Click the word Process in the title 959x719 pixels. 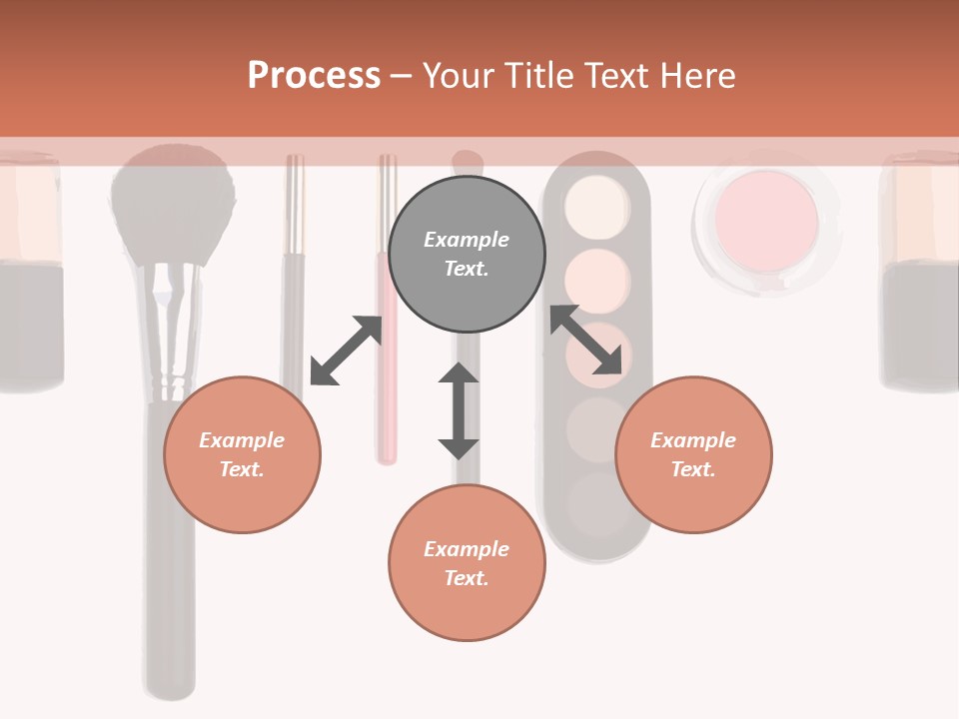pos(314,76)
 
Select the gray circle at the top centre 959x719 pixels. pos(467,254)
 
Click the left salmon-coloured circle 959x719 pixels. pos(242,454)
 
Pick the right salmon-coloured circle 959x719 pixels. pos(693,454)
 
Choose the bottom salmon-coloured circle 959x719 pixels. pos(467,563)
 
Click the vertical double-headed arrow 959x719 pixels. pos(459,410)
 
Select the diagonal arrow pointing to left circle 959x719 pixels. pos(346,351)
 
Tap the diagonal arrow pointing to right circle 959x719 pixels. pos(586,340)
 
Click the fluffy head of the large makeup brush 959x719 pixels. pos(172,205)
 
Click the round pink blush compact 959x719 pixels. pos(766,221)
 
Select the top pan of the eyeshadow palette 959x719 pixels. pos(596,206)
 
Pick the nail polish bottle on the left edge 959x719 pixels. pos(30,270)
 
